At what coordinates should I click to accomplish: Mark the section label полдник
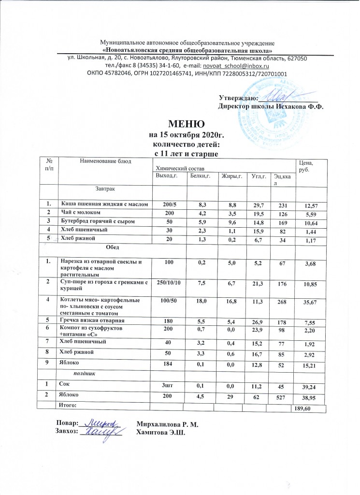tap(83, 374)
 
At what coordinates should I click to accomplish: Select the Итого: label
tap(67, 404)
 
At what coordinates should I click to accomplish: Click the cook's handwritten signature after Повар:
tap(102, 423)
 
